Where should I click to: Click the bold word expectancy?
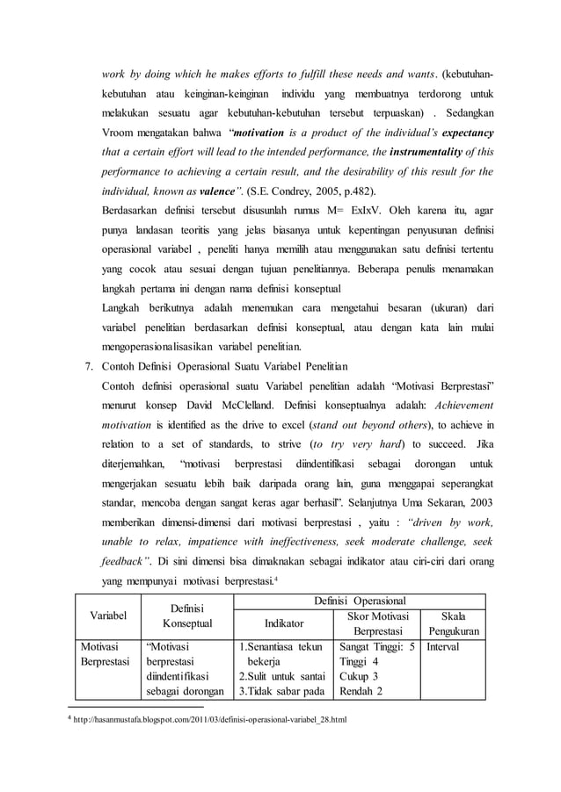pos(463,133)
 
